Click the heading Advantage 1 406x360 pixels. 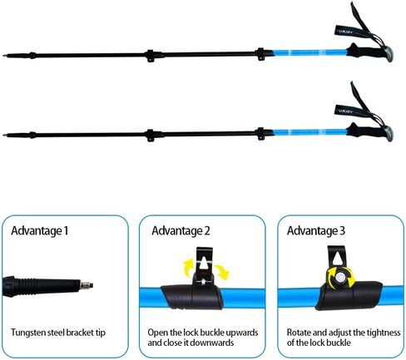tap(40, 231)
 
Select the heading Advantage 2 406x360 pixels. tap(181, 231)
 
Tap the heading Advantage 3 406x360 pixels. tap(316, 231)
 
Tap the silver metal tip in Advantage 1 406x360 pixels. tap(87, 284)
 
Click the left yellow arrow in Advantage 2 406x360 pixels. tap(188, 266)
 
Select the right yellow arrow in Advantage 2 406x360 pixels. tap(222, 272)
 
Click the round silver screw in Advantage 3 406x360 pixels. tap(340, 277)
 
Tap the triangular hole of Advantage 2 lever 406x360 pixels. tap(204, 262)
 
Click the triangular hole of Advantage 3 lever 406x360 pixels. tap(338, 259)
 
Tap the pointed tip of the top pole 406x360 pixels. tap(4, 56)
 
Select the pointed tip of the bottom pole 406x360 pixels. tap(4, 136)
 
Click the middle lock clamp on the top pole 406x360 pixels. tap(151, 56)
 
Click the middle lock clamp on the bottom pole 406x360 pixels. tap(151, 136)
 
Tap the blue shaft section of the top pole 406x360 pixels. tap(309, 52)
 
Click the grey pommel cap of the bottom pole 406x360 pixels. tap(389, 134)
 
